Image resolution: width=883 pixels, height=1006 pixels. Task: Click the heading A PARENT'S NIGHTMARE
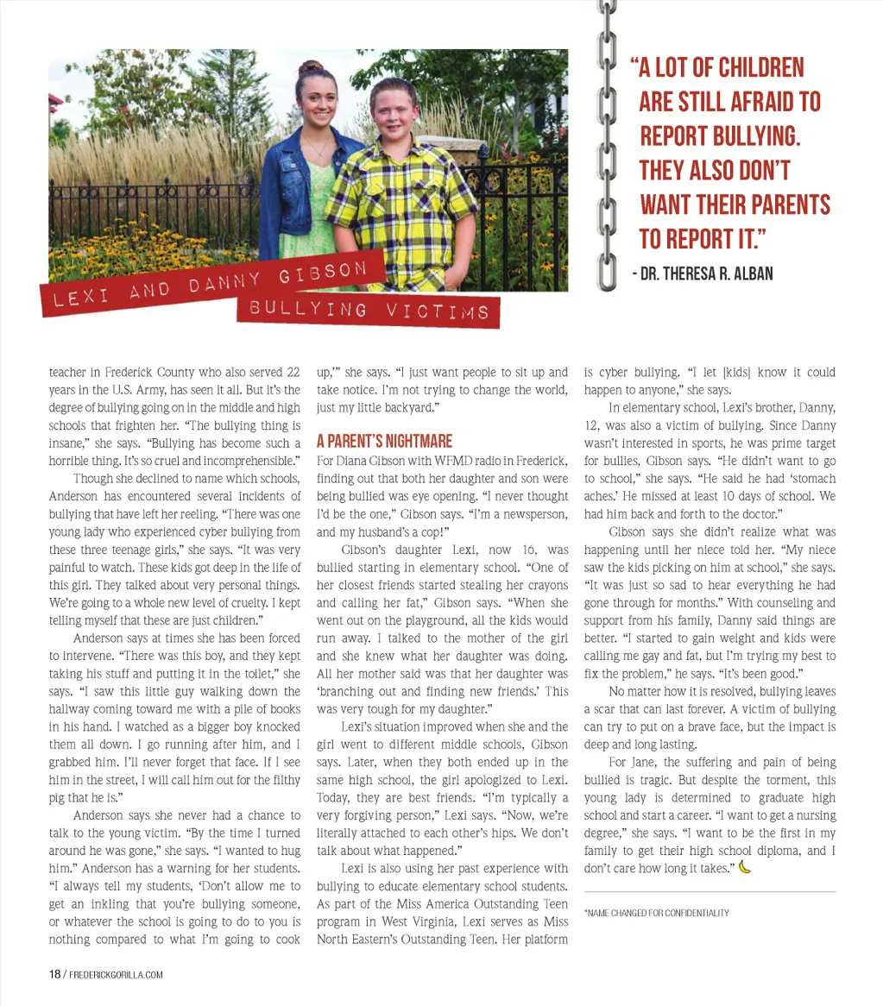coord(384,441)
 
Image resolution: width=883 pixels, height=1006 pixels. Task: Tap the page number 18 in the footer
coord(54,975)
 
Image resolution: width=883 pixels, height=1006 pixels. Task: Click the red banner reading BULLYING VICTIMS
coord(369,310)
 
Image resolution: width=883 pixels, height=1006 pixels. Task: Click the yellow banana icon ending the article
coord(745,867)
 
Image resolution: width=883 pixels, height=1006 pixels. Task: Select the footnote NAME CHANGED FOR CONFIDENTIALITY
coord(657,913)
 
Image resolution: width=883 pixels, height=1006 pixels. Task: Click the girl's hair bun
coord(311,67)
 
